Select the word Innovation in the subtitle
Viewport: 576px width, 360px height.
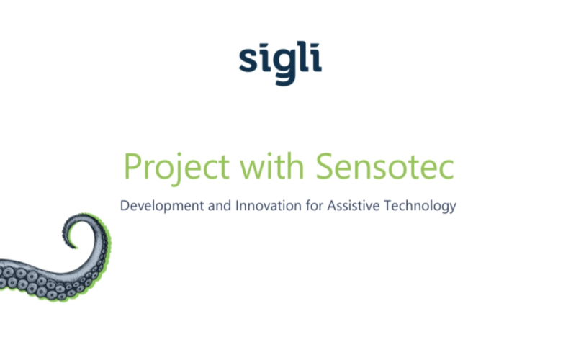click(x=265, y=205)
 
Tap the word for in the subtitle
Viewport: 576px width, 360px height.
click(x=312, y=205)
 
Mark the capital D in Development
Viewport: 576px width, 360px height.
click(x=125, y=205)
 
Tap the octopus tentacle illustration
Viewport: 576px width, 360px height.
click(x=58, y=270)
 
